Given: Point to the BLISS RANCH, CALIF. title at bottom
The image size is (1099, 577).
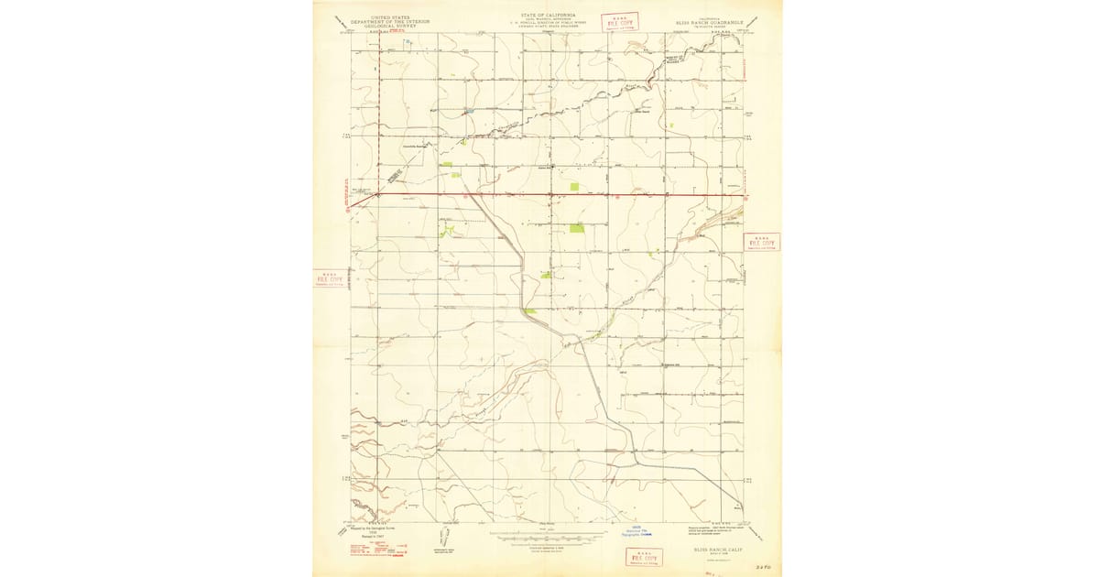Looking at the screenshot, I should coord(719,549).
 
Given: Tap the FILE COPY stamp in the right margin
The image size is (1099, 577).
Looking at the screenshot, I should coord(761,243).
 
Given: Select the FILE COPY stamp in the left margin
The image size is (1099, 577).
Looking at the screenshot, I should coord(331,279).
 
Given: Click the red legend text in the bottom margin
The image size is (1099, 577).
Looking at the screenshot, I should coord(376,549).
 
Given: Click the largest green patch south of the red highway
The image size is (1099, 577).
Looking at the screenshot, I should coord(577,228).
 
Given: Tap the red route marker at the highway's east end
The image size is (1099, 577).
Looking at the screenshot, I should coord(747,196).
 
